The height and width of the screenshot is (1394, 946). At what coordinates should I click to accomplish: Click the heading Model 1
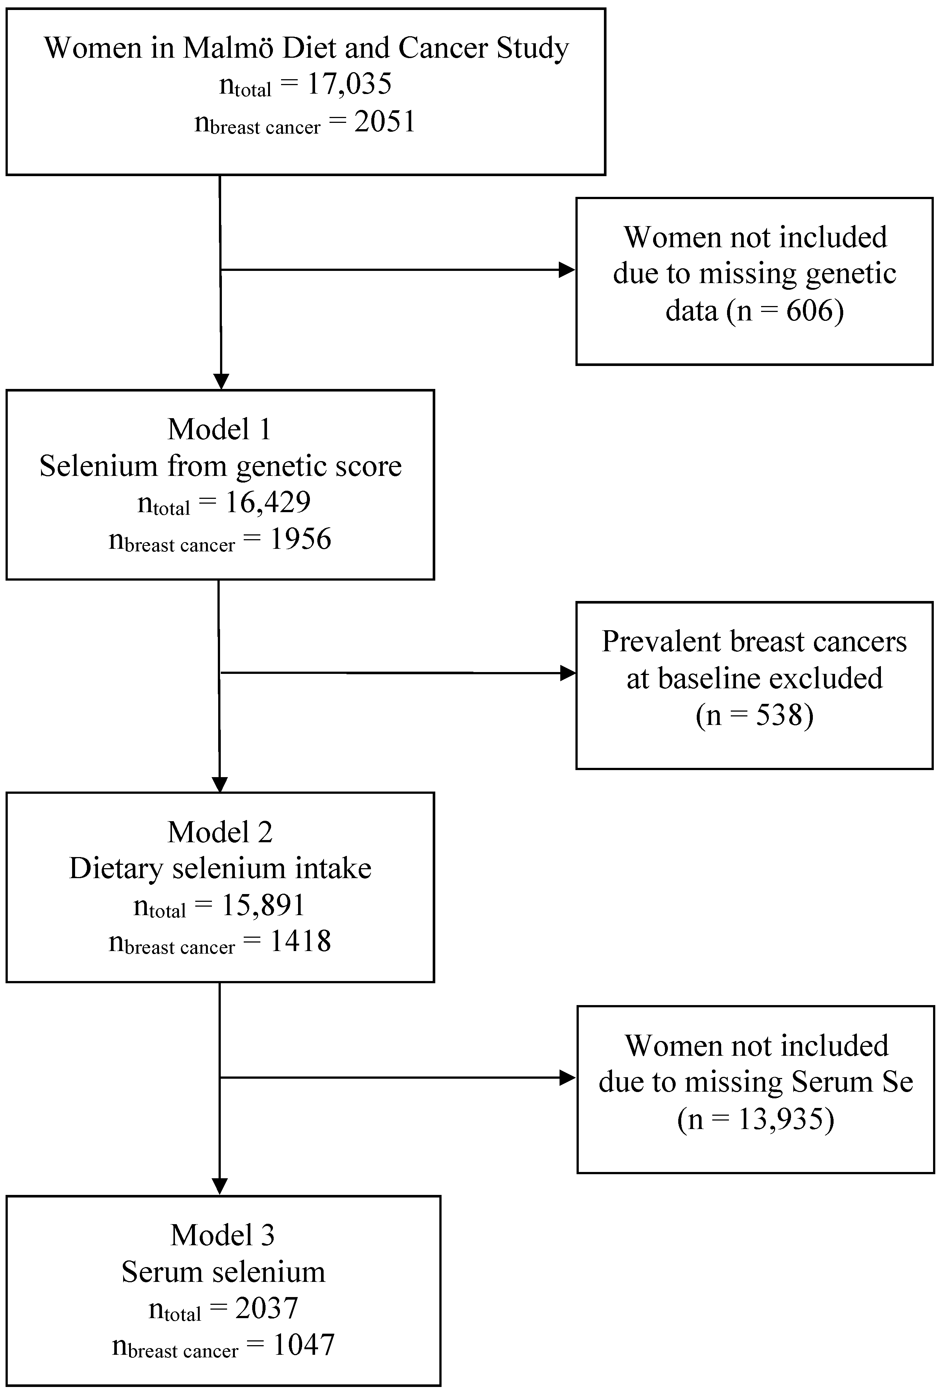pos(219,430)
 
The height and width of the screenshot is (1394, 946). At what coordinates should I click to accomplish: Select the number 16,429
pos(267,502)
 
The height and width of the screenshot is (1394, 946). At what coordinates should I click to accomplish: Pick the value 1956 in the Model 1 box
pos(300,539)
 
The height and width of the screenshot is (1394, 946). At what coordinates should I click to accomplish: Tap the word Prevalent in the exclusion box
pos(660,642)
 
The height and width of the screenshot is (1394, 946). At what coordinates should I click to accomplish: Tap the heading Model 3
pos(222,1236)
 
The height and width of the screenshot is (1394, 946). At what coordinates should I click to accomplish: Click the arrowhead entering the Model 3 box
pos(220,1186)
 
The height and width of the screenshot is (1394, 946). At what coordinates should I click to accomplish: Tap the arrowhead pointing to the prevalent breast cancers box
pos(567,673)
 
